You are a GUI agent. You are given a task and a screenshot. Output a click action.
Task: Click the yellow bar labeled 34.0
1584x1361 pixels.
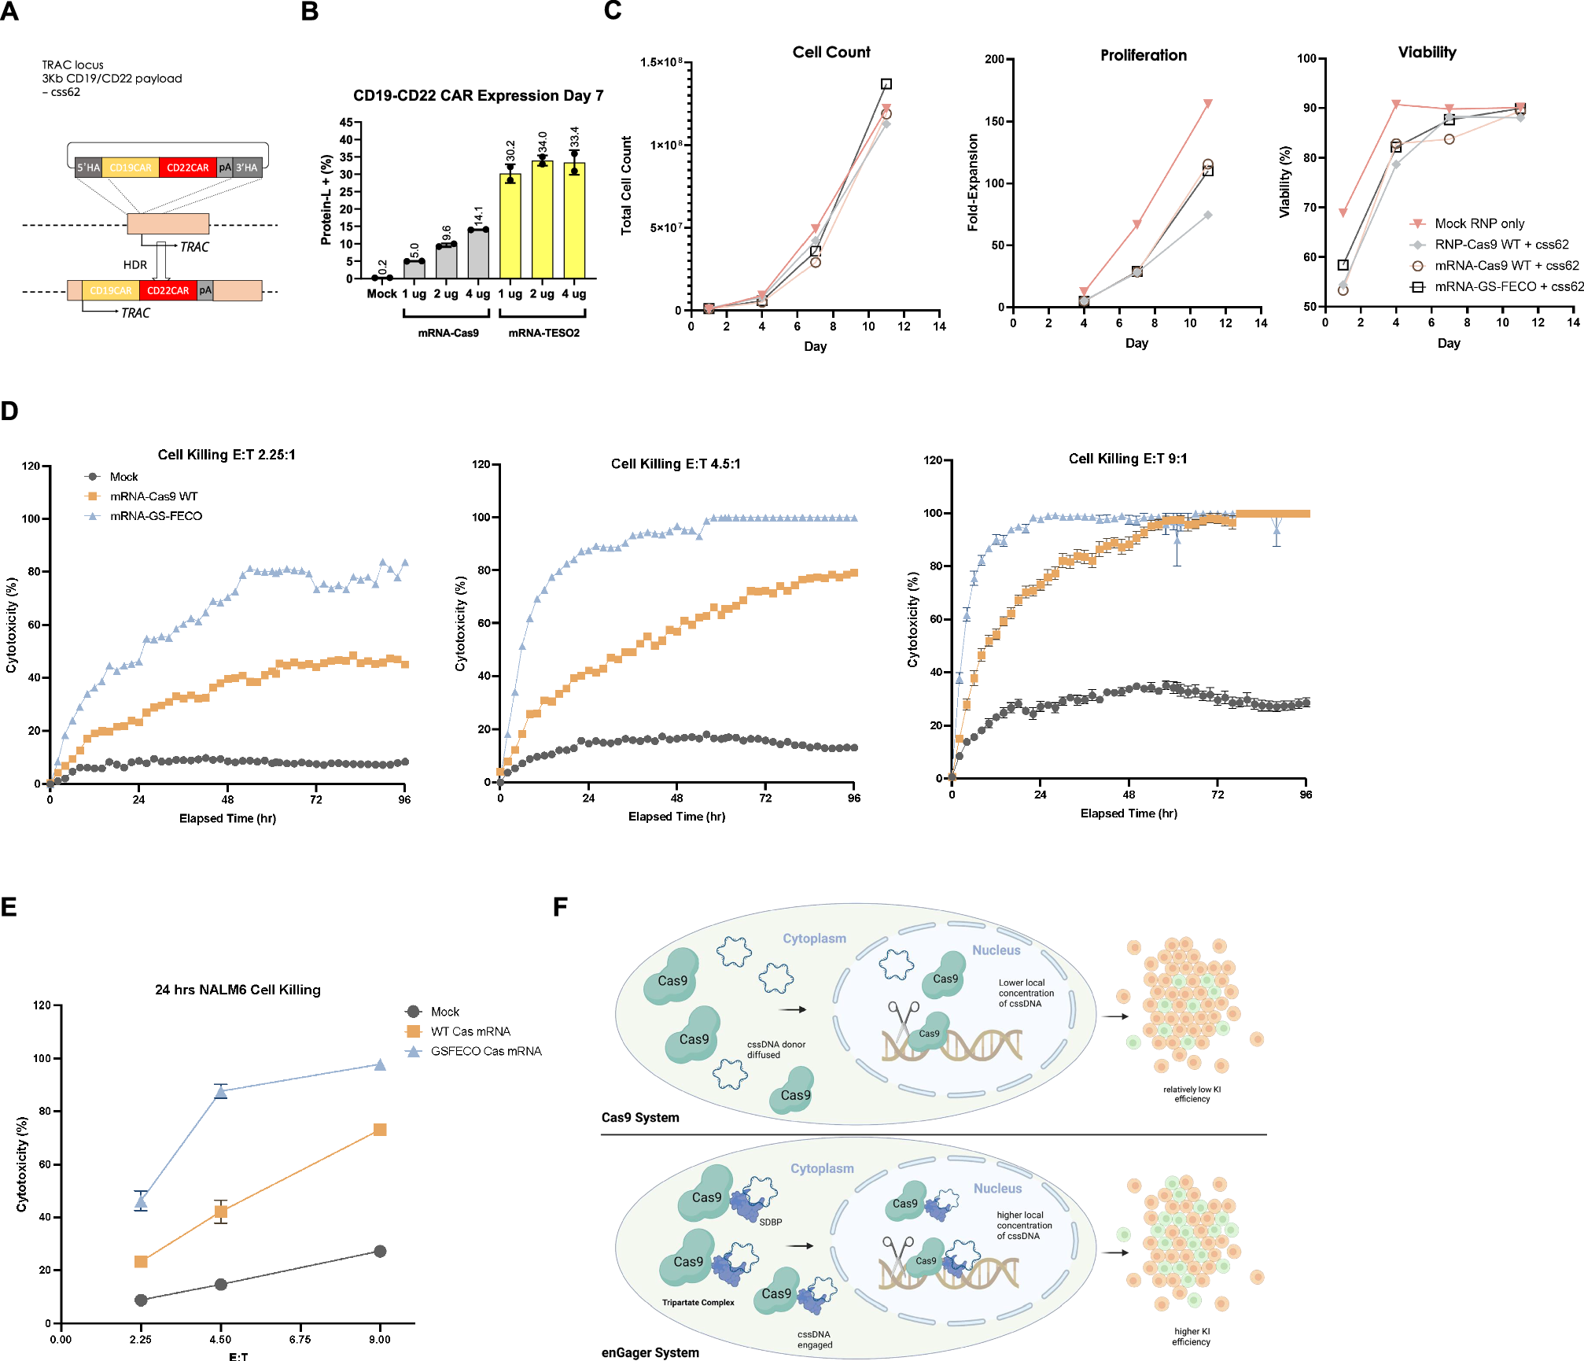pyautogui.click(x=542, y=220)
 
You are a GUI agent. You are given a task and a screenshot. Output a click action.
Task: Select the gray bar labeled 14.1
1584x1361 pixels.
pyautogui.click(x=477, y=253)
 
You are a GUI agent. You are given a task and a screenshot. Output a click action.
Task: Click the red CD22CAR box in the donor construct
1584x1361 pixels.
pyautogui.click(x=187, y=168)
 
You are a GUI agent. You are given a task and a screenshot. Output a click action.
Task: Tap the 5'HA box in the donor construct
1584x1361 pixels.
pyautogui.click(x=88, y=168)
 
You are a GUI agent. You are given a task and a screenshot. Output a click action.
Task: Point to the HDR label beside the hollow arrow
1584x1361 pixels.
pyautogui.click(x=134, y=265)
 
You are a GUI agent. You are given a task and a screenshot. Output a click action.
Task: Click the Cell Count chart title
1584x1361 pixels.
pyautogui.click(x=831, y=52)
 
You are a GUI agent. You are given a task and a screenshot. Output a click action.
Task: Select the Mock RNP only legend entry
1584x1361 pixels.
pyautogui.click(x=1479, y=223)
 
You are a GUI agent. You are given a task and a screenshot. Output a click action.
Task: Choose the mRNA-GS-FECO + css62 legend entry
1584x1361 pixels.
pyautogui.click(x=1508, y=286)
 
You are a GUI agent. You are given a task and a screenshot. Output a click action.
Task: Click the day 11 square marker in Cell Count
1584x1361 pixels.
pyautogui.click(x=886, y=84)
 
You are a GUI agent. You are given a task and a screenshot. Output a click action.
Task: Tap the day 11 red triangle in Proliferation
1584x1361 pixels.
pyautogui.click(x=1207, y=104)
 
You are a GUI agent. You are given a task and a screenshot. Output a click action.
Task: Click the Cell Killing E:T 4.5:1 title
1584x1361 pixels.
pyautogui.click(x=676, y=463)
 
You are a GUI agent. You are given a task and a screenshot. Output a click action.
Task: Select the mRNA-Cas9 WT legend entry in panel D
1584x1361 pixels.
pyautogui.click(x=153, y=496)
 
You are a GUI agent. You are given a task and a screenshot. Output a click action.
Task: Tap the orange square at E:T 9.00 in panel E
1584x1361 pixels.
pyautogui.click(x=380, y=1130)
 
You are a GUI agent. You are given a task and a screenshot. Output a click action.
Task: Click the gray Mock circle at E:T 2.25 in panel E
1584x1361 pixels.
pyautogui.click(x=141, y=1300)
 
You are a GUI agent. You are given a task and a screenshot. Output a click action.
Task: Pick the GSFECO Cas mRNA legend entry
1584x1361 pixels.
pyautogui.click(x=485, y=1051)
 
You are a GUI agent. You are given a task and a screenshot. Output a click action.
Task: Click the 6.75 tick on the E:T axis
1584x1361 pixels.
pyautogui.click(x=300, y=1340)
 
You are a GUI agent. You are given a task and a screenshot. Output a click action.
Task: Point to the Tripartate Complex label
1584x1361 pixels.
pyautogui.click(x=698, y=1303)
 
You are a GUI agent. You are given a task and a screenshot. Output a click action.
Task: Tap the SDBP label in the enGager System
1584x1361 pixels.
pyautogui.click(x=770, y=1222)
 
